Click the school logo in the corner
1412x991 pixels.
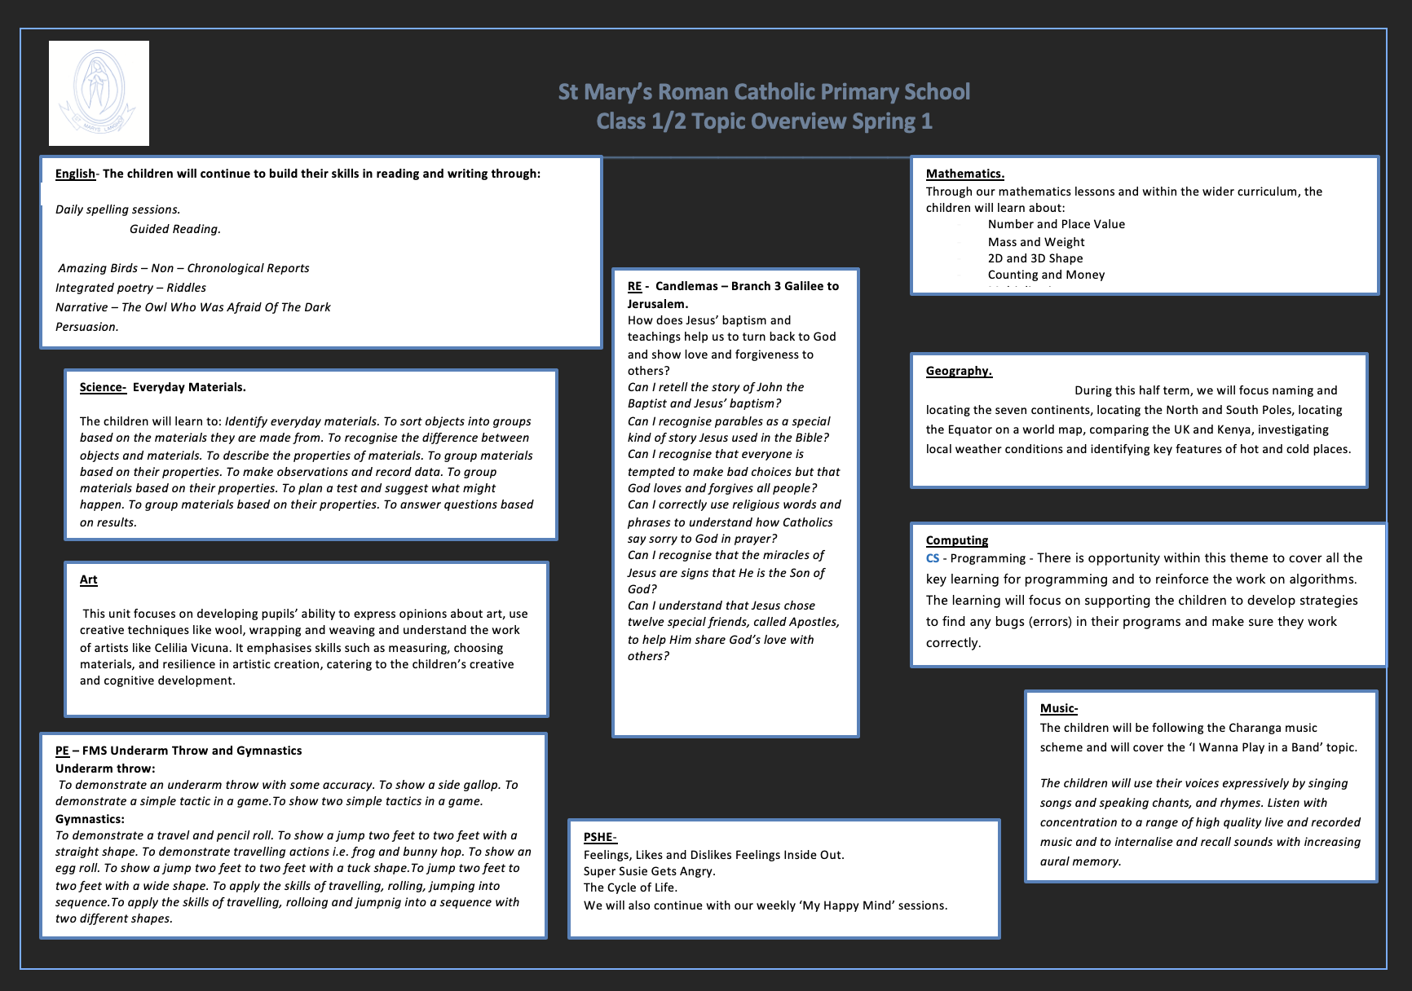click(x=99, y=93)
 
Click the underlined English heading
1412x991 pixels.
click(x=75, y=174)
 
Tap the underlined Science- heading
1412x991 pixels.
click(x=103, y=387)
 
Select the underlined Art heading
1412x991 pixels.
click(x=88, y=579)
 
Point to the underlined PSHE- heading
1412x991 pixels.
click(x=600, y=837)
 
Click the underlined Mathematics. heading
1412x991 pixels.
click(x=964, y=174)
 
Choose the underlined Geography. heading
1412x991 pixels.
click(x=959, y=371)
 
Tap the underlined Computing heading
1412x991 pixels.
click(x=956, y=540)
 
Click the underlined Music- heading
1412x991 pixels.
click(x=1058, y=708)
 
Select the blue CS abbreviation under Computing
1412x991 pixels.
click(x=932, y=558)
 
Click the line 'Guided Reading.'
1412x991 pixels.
click(x=175, y=229)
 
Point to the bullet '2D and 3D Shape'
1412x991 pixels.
click(x=1035, y=258)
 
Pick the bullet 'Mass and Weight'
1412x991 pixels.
click(x=1035, y=242)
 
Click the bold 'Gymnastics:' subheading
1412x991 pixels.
click(x=90, y=819)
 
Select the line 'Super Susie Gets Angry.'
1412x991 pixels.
click(x=649, y=871)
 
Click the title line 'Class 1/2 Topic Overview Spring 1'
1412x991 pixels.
click(x=764, y=121)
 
